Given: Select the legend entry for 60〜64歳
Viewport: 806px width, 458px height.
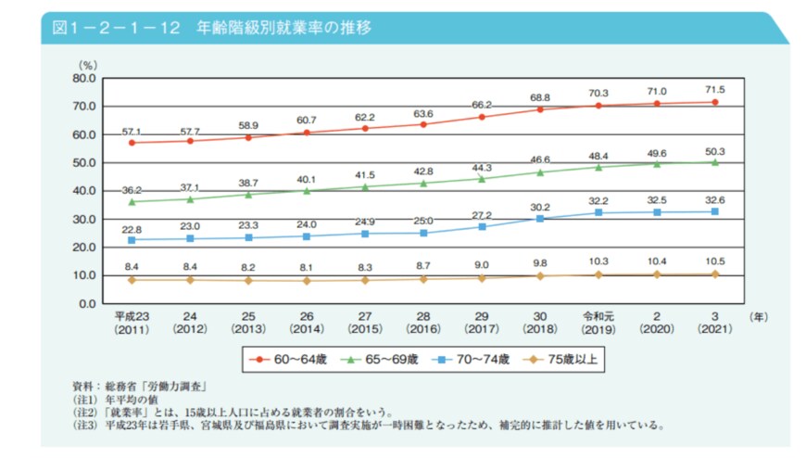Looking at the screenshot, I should tap(288, 358).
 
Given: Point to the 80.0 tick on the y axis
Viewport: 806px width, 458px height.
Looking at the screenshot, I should tap(83, 79).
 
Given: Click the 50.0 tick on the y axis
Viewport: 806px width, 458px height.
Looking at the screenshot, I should tap(83, 163).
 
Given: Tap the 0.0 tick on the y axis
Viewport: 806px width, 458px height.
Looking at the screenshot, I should tap(86, 304).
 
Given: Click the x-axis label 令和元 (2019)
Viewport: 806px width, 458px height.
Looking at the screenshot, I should tap(598, 322).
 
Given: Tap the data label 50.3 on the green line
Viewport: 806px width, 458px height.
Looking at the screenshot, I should tap(715, 151).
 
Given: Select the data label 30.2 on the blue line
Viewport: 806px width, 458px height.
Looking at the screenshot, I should tap(540, 207).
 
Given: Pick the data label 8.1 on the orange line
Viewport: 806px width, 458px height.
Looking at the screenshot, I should tap(308, 265).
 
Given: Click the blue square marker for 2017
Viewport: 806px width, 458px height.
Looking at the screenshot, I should tap(482, 226).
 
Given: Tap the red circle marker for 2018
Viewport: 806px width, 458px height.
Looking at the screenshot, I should tap(540, 109).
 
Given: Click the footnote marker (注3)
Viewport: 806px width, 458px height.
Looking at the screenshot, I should tap(85, 426).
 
